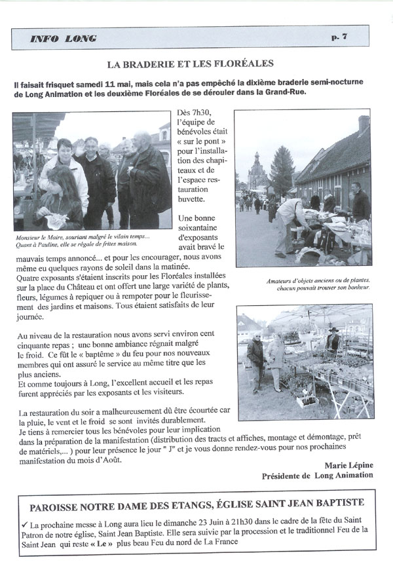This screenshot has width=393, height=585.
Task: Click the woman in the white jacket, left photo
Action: click(x=63, y=170)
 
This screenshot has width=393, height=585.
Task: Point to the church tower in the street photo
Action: click(x=257, y=170)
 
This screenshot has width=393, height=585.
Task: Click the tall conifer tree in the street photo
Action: click(x=282, y=169)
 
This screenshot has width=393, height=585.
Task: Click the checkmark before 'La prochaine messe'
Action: click(x=24, y=525)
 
